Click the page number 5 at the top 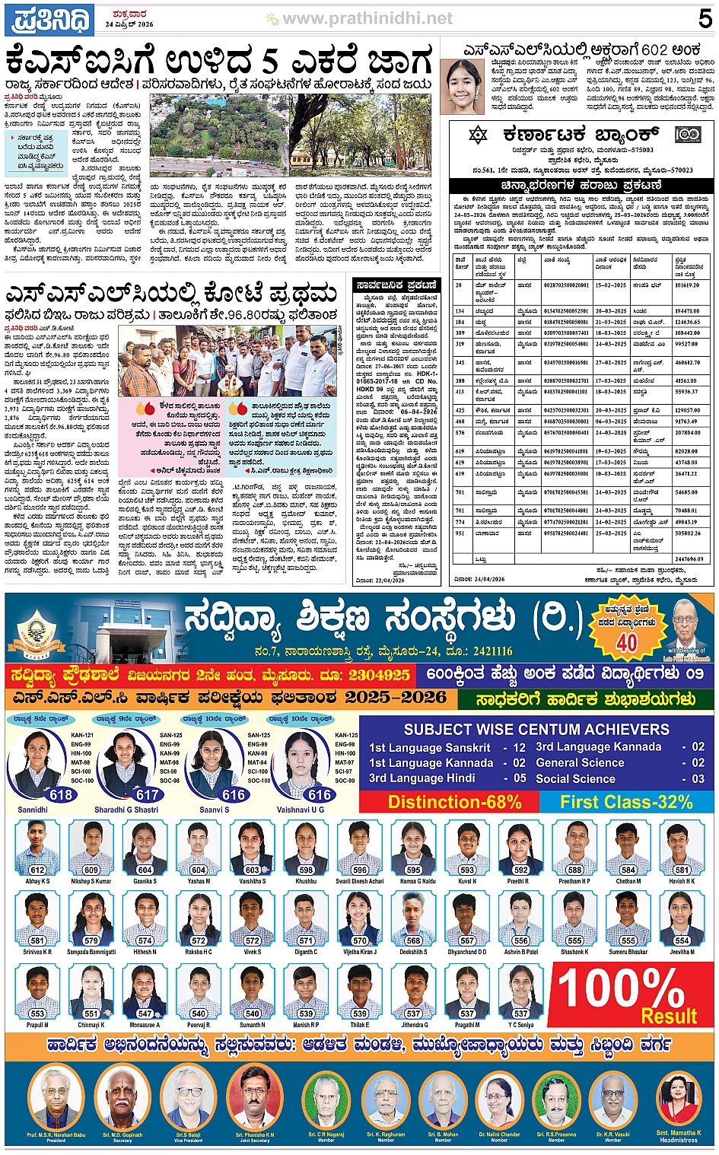705,18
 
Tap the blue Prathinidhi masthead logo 49,20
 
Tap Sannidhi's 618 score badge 60,795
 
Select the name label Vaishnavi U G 300,810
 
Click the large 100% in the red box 620,990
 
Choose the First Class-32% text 626,802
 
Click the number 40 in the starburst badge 626,643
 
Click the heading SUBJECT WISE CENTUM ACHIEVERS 536,729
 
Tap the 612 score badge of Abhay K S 37,870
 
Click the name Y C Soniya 521,1025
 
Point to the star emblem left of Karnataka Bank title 477,135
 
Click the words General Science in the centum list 580,762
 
